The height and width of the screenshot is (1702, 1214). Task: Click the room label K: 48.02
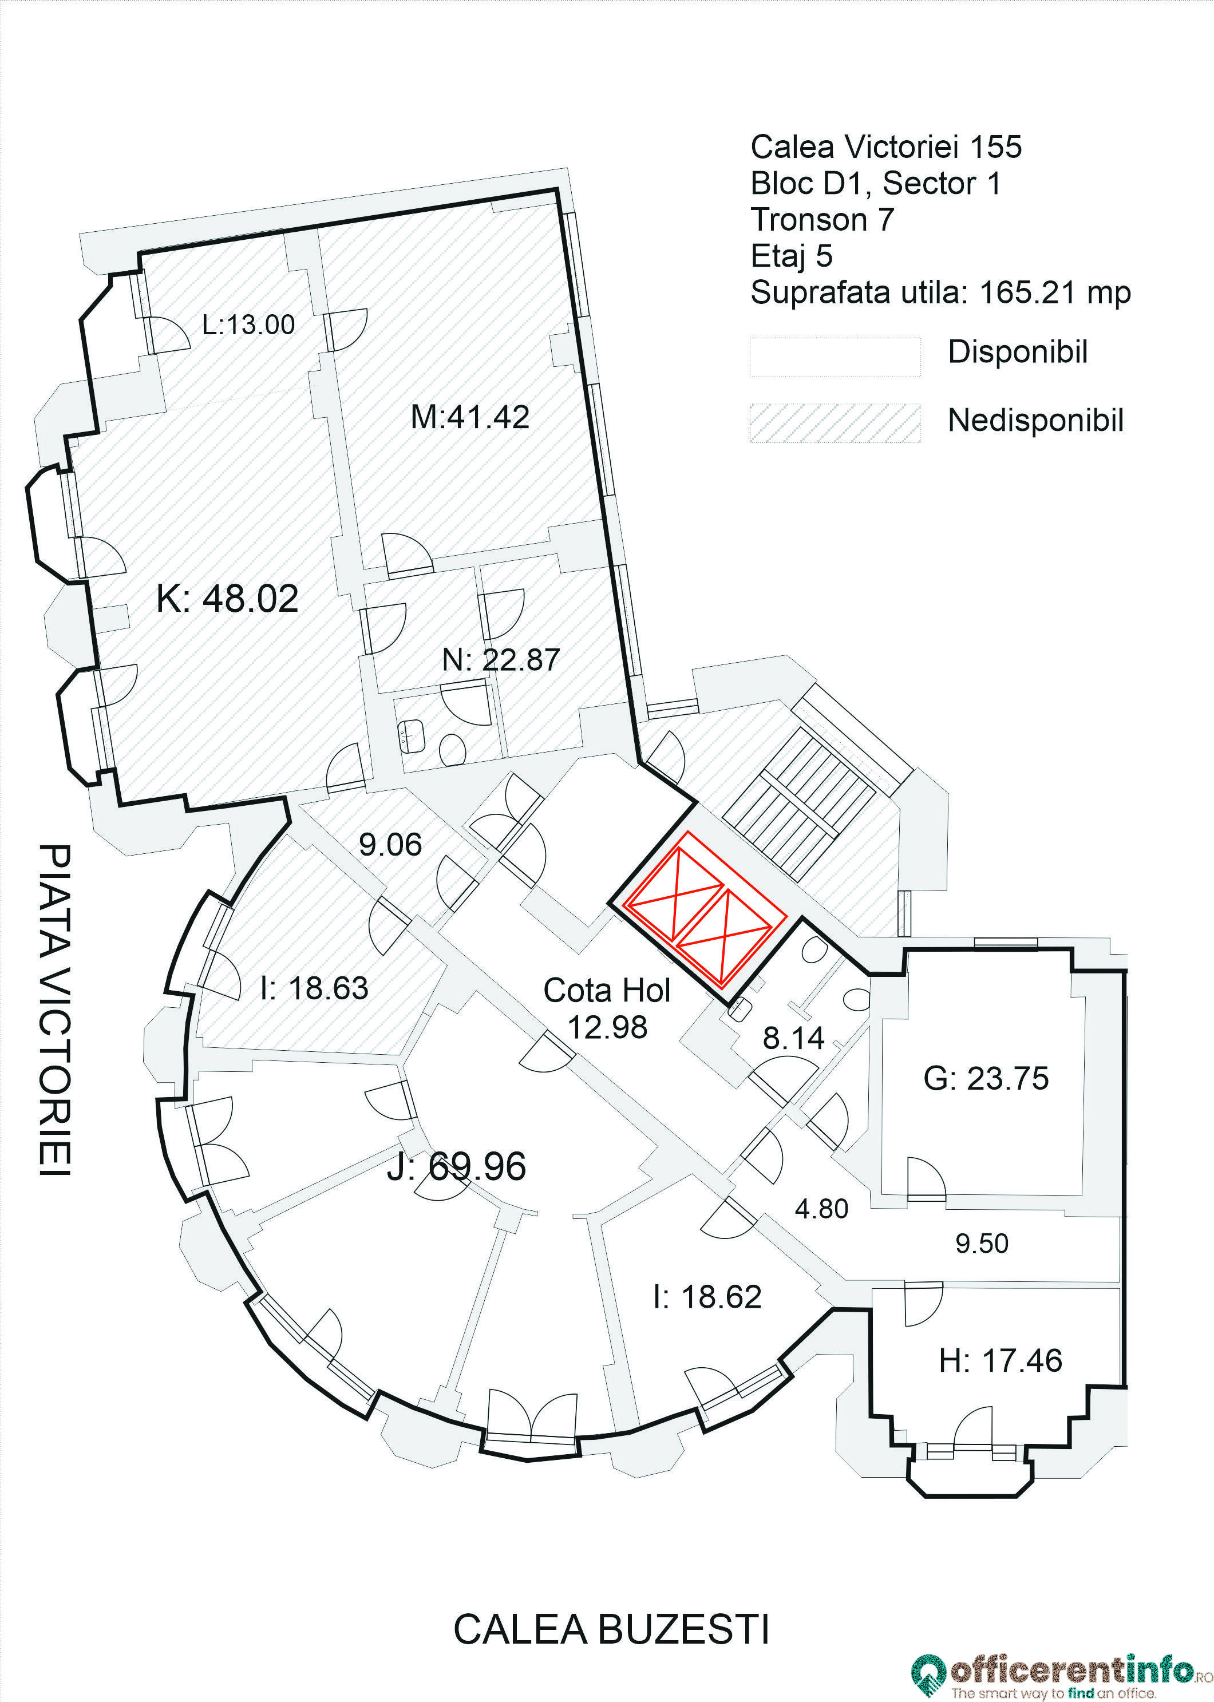click(227, 599)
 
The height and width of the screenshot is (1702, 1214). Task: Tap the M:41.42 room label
click(469, 417)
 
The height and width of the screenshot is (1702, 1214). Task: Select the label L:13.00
click(248, 324)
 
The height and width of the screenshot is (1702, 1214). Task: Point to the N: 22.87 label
click(500, 660)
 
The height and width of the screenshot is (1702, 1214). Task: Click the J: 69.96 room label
click(456, 1166)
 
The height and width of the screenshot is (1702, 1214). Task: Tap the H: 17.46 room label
click(999, 1360)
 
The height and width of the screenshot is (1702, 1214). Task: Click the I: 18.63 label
click(314, 988)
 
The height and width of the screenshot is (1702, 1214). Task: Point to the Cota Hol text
click(606, 991)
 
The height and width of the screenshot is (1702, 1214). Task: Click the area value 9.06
click(390, 845)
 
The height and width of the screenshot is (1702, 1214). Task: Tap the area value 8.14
click(793, 1038)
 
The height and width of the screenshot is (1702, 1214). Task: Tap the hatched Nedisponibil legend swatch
click(835, 423)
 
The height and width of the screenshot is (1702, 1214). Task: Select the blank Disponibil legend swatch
click(835, 356)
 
